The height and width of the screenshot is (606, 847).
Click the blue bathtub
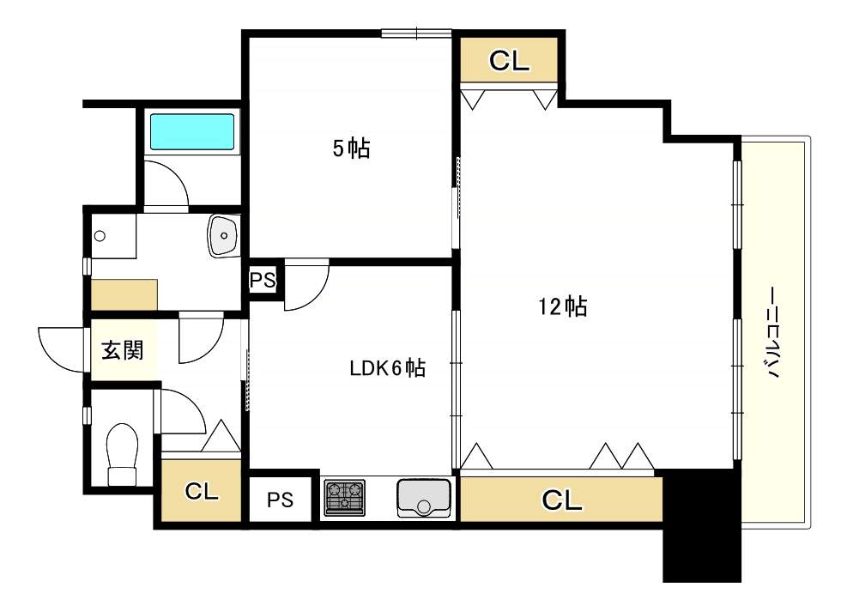coord(192,131)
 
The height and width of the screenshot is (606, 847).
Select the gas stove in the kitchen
coord(344,498)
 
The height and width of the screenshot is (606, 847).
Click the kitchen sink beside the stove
coord(424,498)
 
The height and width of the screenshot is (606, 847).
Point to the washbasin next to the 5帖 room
coord(224,236)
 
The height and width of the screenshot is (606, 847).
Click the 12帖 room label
coord(563,306)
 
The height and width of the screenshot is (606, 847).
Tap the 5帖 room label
coord(352,148)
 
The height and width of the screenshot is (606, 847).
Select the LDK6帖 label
coord(388,368)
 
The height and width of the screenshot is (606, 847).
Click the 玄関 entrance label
coord(123,350)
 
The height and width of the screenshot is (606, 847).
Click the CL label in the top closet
coord(510,61)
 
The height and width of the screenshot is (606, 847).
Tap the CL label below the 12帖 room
coord(562,500)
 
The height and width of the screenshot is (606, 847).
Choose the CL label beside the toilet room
coord(202,492)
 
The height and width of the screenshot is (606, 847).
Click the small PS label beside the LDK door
coord(263,281)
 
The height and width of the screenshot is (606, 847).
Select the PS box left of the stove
coord(281,500)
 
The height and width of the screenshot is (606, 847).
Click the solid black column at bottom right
coord(702,526)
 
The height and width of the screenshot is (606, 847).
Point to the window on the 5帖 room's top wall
coord(416,33)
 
